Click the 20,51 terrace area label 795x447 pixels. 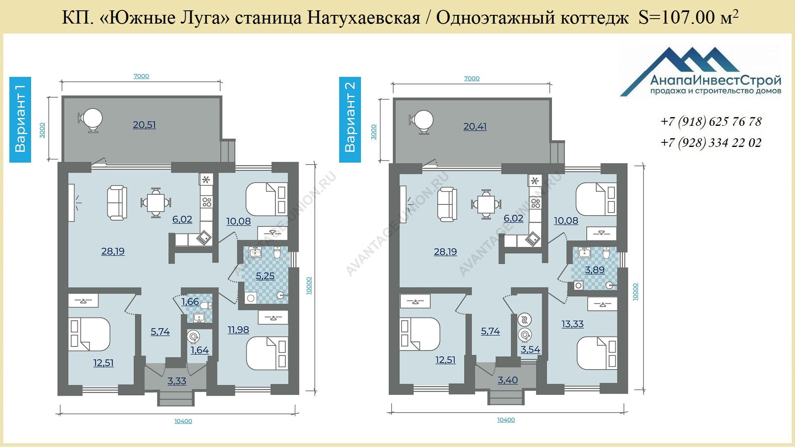pos(145,125)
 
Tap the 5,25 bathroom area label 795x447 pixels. pos(265,276)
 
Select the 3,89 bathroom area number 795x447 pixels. pos(595,270)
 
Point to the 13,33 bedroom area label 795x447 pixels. pos(573,324)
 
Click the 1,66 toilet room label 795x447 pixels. pos(190,302)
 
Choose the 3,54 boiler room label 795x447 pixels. pos(530,350)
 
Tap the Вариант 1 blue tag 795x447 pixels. pos(20,119)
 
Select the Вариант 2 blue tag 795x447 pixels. pos(350,119)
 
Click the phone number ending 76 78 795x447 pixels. pos(711,122)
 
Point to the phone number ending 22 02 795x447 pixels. pos(711,143)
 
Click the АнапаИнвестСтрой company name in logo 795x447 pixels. pos(716,80)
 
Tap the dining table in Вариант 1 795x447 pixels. pos(156,203)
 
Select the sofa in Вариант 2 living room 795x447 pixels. pos(447,204)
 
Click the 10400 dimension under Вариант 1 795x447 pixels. pos(183,421)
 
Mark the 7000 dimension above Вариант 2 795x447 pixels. pos(472,78)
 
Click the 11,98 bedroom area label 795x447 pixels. pos(238,330)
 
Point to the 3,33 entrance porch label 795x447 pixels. pos(177,381)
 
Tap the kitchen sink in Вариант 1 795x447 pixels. pos(203,238)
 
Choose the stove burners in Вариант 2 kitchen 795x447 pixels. pos(536,203)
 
